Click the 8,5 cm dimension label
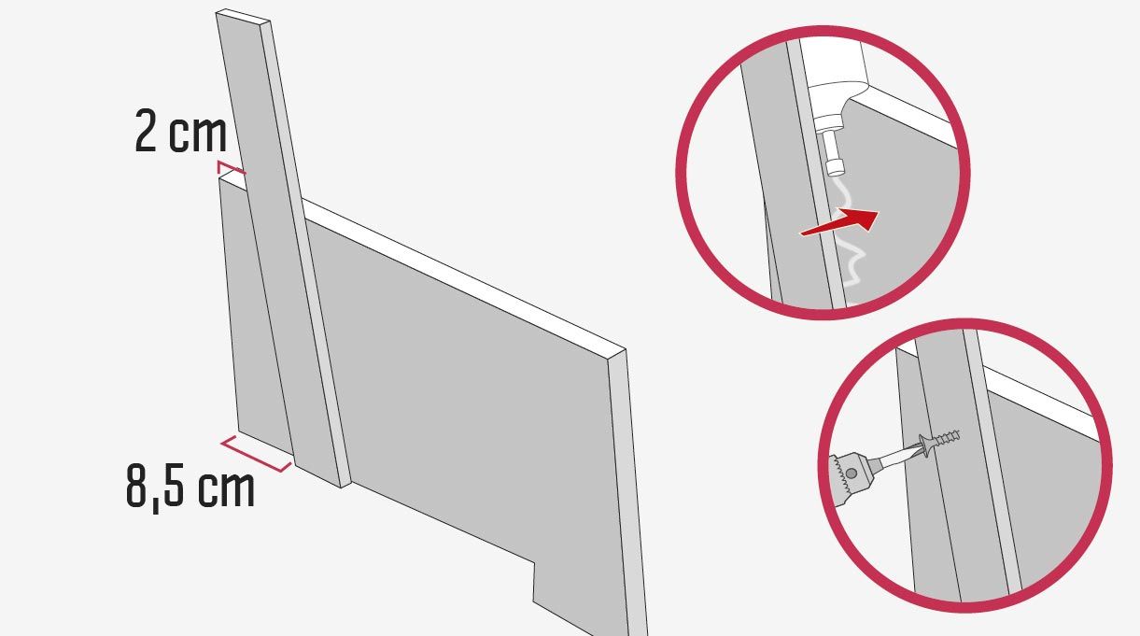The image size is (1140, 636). point(190,487)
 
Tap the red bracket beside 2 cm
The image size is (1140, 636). point(231,167)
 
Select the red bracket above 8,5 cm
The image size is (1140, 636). point(255,454)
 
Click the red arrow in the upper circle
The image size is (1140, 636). point(839,222)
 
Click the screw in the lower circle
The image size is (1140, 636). point(939,443)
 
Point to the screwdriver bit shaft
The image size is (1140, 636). point(894,458)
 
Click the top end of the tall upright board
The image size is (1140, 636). point(243,16)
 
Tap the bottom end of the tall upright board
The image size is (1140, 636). point(323,476)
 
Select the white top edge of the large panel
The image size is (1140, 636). point(463,275)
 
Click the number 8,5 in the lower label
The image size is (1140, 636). point(155,488)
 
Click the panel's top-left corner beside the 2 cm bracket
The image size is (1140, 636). point(219,177)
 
